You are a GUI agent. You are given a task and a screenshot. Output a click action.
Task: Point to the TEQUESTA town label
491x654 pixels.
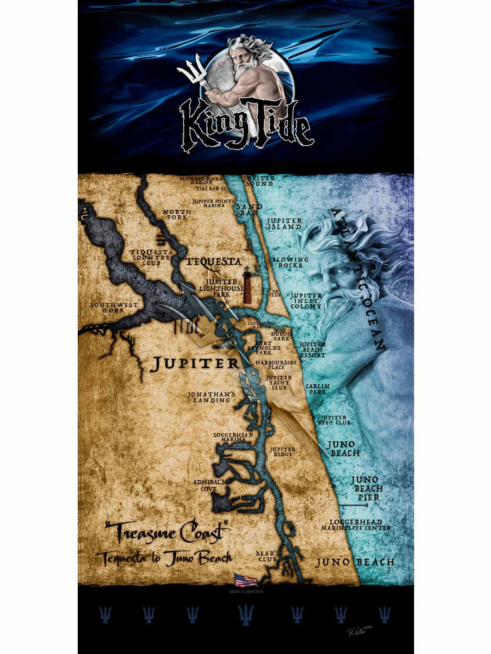point(213,262)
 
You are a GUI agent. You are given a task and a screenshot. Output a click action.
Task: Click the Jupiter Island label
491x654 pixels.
point(284,223)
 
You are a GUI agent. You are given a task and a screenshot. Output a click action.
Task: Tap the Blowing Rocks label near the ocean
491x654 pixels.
point(290,262)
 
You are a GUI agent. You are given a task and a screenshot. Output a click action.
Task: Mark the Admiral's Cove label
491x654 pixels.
point(209,486)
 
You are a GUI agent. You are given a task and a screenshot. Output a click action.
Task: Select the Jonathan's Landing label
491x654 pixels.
point(211,397)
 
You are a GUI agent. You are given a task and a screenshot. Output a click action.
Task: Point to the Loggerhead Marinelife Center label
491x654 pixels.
point(356,525)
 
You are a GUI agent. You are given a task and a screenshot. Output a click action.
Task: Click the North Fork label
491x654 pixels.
point(177,214)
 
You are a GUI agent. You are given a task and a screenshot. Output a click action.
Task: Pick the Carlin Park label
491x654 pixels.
point(317,389)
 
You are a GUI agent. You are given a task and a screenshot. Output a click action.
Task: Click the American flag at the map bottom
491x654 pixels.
point(245,580)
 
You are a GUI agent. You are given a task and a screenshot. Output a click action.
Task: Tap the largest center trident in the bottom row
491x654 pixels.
point(246,615)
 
